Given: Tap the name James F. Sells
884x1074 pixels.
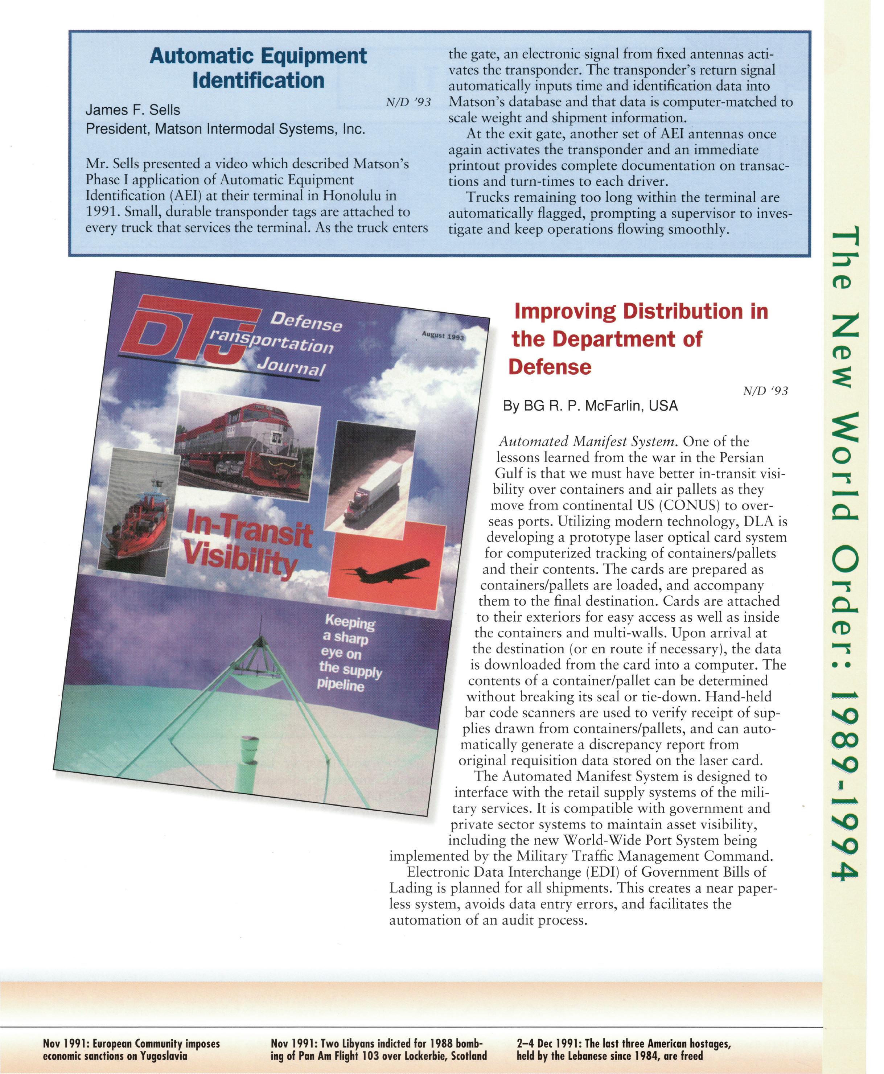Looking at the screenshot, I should point(132,110).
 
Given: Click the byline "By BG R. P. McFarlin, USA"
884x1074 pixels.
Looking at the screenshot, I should point(590,406).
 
